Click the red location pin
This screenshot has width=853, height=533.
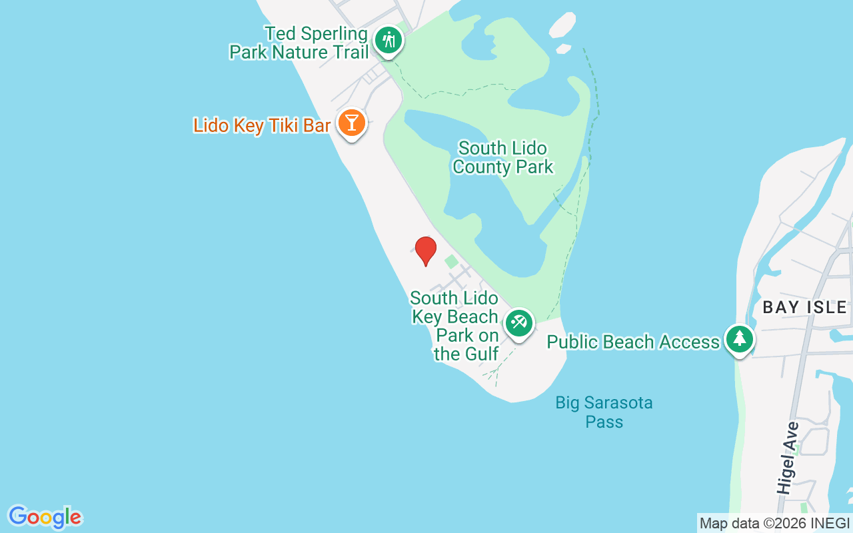click(426, 251)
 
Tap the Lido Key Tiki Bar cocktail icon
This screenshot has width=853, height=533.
click(351, 122)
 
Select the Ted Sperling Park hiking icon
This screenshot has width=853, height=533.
click(387, 41)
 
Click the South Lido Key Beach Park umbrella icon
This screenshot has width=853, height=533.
click(518, 323)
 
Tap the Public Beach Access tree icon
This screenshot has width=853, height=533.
click(739, 339)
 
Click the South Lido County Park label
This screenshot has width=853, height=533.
click(502, 157)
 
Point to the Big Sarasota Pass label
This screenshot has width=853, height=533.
click(604, 412)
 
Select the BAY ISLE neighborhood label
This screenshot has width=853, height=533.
click(804, 307)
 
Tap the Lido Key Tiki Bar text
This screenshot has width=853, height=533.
click(262, 125)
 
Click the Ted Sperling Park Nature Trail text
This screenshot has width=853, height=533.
click(299, 43)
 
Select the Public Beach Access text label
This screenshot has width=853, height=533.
click(633, 342)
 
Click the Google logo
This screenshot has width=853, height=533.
click(45, 516)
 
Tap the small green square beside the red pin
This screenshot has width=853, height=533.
click(451, 262)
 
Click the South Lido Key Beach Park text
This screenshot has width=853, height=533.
click(455, 326)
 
